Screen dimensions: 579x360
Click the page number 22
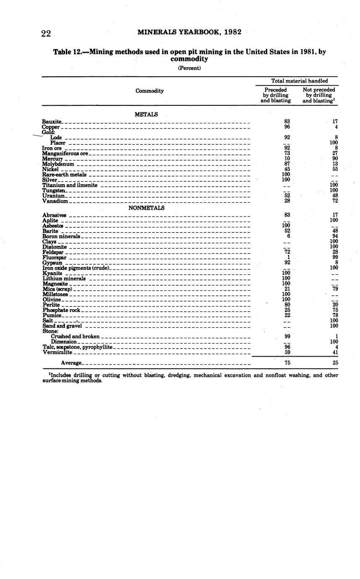46,34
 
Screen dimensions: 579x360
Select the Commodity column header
149,91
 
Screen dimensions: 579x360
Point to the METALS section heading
146,115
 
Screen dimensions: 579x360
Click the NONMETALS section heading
146,208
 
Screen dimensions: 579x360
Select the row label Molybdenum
58,164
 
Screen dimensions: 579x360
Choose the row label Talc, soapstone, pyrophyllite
77,347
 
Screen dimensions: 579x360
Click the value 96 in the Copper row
287,127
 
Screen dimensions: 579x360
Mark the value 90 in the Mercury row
334,159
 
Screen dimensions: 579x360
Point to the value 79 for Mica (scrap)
334,289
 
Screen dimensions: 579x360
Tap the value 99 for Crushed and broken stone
287,336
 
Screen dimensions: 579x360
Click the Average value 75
287,363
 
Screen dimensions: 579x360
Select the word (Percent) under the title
189,68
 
